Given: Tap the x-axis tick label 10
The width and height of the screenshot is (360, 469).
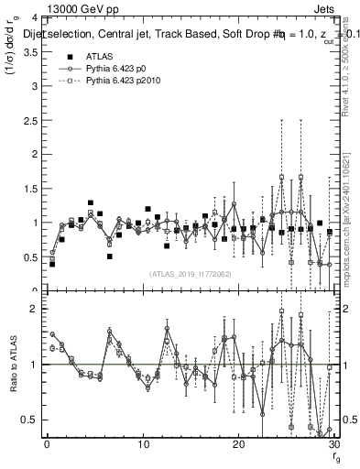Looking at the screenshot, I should click(x=143, y=445).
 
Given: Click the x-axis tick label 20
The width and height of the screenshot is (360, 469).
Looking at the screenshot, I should click(x=238, y=445).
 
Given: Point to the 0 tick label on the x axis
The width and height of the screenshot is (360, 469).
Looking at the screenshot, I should click(x=47, y=445).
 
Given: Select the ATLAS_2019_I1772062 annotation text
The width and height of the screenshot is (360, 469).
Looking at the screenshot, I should click(x=189, y=273).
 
